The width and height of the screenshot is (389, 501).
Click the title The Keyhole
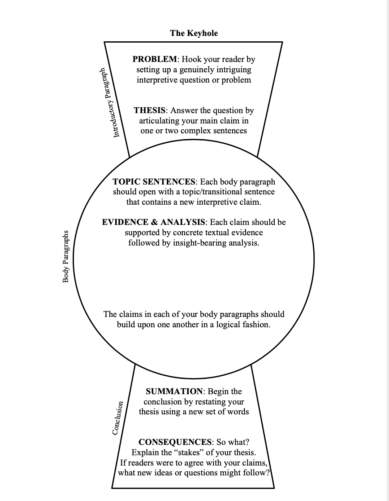tap(194, 33)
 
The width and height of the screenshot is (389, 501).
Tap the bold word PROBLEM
tap(155, 59)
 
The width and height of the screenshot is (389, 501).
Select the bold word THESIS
tap(150, 110)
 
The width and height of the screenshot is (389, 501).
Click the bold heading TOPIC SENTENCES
tap(154, 182)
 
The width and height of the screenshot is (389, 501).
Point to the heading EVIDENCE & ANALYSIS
tap(154, 222)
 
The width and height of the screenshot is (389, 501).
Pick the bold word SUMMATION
tap(174, 391)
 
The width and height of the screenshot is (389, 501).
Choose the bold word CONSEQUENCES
tap(175, 442)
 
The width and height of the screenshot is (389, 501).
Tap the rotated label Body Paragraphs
tap(66, 256)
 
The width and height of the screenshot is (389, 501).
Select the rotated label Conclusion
tap(117, 418)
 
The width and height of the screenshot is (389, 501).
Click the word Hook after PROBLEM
tap(193, 59)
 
